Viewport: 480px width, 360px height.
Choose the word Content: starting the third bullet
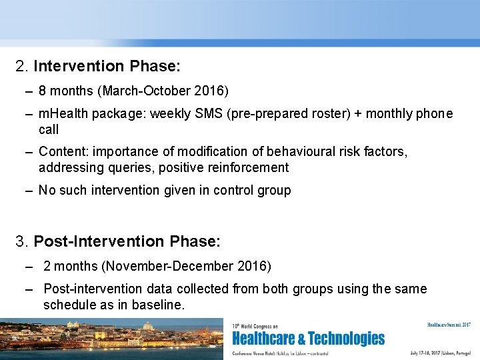62,152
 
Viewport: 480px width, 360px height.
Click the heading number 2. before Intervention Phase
22,67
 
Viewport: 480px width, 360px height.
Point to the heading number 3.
22,240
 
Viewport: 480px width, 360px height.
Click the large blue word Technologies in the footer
347,339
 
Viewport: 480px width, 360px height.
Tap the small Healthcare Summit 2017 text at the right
449,325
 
